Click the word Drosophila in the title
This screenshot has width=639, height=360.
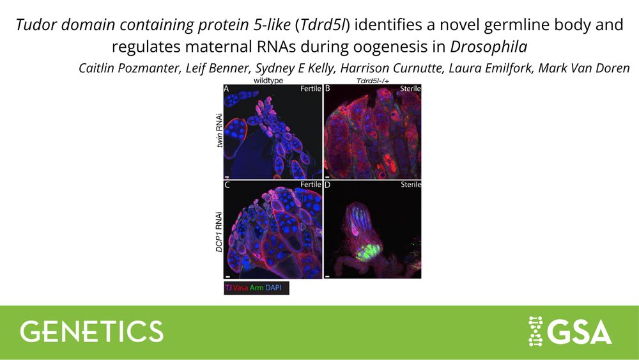pyautogui.click(x=488, y=47)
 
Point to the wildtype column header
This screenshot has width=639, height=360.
pyautogui.click(x=268, y=81)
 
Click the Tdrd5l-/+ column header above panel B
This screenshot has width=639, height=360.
pyautogui.click(x=373, y=81)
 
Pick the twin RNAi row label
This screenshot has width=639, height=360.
pyautogui.click(x=220, y=130)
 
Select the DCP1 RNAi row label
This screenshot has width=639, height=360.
pyautogui.click(x=219, y=232)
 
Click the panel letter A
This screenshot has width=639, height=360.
pyautogui.click(x=226, y=88)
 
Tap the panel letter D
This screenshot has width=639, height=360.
pyautogui.click(x=327, y=185)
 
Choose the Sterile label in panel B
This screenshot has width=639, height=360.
pyautogui.click(x=410, y=88)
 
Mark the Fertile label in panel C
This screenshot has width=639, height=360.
pyautogui.click(x=311, y=185)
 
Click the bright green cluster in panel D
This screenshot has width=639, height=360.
pyautogui.click(x=368, y=252)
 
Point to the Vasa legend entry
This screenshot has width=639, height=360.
pyautogui.click(x=240, y=288)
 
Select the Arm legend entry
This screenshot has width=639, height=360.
pyautogui.click(x=256, y=288)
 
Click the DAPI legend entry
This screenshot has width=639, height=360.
pyautogui.click(x=273, y=288)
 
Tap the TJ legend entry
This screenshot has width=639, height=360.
pyautogui.click(x=228, y=288)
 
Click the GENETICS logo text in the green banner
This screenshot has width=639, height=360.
pyautogui.click(x=91, y=331)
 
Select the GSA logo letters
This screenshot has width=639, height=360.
pyautogui.click(x=579, y=331)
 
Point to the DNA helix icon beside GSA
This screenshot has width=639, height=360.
pyautogui.click(x=535, y=331)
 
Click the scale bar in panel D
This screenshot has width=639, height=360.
pyautogui.click(x=327, y=276)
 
